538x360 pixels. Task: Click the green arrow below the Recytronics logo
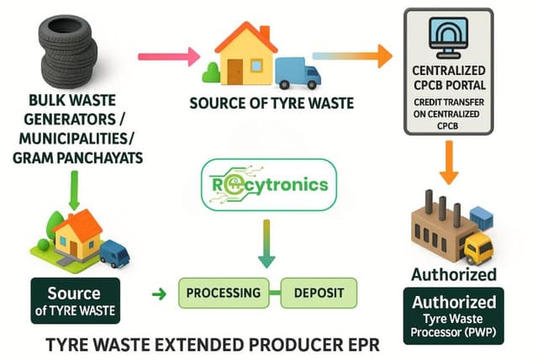pyautogui.click(x=266, y=244)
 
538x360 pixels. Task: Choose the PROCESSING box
pyautogui.click(x=223, y=293)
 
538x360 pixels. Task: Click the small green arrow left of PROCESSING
pyautogui.click(x=157, y=294)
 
